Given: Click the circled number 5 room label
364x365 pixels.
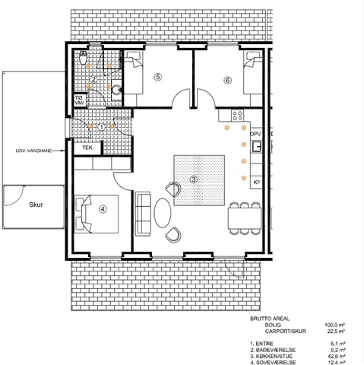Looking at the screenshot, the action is (158, 77).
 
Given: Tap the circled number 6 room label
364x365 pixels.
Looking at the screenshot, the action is (228, 81).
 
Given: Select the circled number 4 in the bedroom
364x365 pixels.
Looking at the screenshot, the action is (103, 209).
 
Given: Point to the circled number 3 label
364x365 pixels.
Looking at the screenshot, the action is (194, 179).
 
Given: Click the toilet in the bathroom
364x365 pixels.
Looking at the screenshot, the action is (83, 58).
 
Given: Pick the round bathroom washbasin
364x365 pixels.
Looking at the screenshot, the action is (117, 89).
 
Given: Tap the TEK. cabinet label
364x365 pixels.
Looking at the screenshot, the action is (88, 148).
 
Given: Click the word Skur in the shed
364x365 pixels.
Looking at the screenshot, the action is (36, 205).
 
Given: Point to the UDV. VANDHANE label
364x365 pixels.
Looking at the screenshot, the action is (33, 151).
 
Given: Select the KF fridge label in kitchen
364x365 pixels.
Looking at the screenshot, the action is (257, 182).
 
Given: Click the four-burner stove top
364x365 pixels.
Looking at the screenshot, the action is (237, 116).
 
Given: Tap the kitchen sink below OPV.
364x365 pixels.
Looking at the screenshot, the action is (257, 147).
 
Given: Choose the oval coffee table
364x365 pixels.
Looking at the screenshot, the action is (163, 212).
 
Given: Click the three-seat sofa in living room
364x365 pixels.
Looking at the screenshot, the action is (143, 214).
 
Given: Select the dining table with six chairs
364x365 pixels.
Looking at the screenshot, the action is (245, 218).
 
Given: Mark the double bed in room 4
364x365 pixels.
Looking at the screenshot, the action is (97, 214).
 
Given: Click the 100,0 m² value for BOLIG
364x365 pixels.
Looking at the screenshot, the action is (335, 325).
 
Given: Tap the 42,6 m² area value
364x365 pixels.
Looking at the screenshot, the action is (337, 356).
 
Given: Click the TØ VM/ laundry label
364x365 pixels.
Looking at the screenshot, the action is (80, 100).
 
